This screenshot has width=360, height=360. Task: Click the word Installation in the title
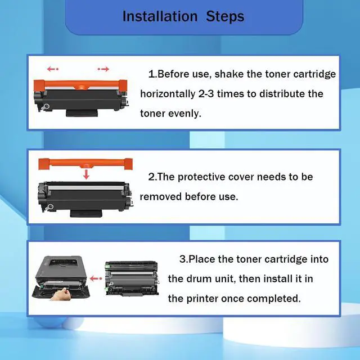[x=160, y=16]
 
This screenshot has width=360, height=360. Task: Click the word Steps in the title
[x=225, y=17]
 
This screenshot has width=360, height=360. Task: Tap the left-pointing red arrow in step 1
[x=53, y=69]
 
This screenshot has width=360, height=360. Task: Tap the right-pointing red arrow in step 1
[x=103, y=69]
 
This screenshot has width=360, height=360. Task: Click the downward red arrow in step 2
[x=86, y=174]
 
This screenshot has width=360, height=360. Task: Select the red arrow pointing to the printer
[x=96, y=279]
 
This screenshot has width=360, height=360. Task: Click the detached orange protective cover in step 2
[x=85, y=164]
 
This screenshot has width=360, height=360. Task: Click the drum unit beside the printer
[x=132, y=278]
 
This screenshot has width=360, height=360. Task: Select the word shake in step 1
[x=229, y=74]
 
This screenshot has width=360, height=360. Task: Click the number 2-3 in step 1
[x=206, y=94]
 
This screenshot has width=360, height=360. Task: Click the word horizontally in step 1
[x=168, y=94]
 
